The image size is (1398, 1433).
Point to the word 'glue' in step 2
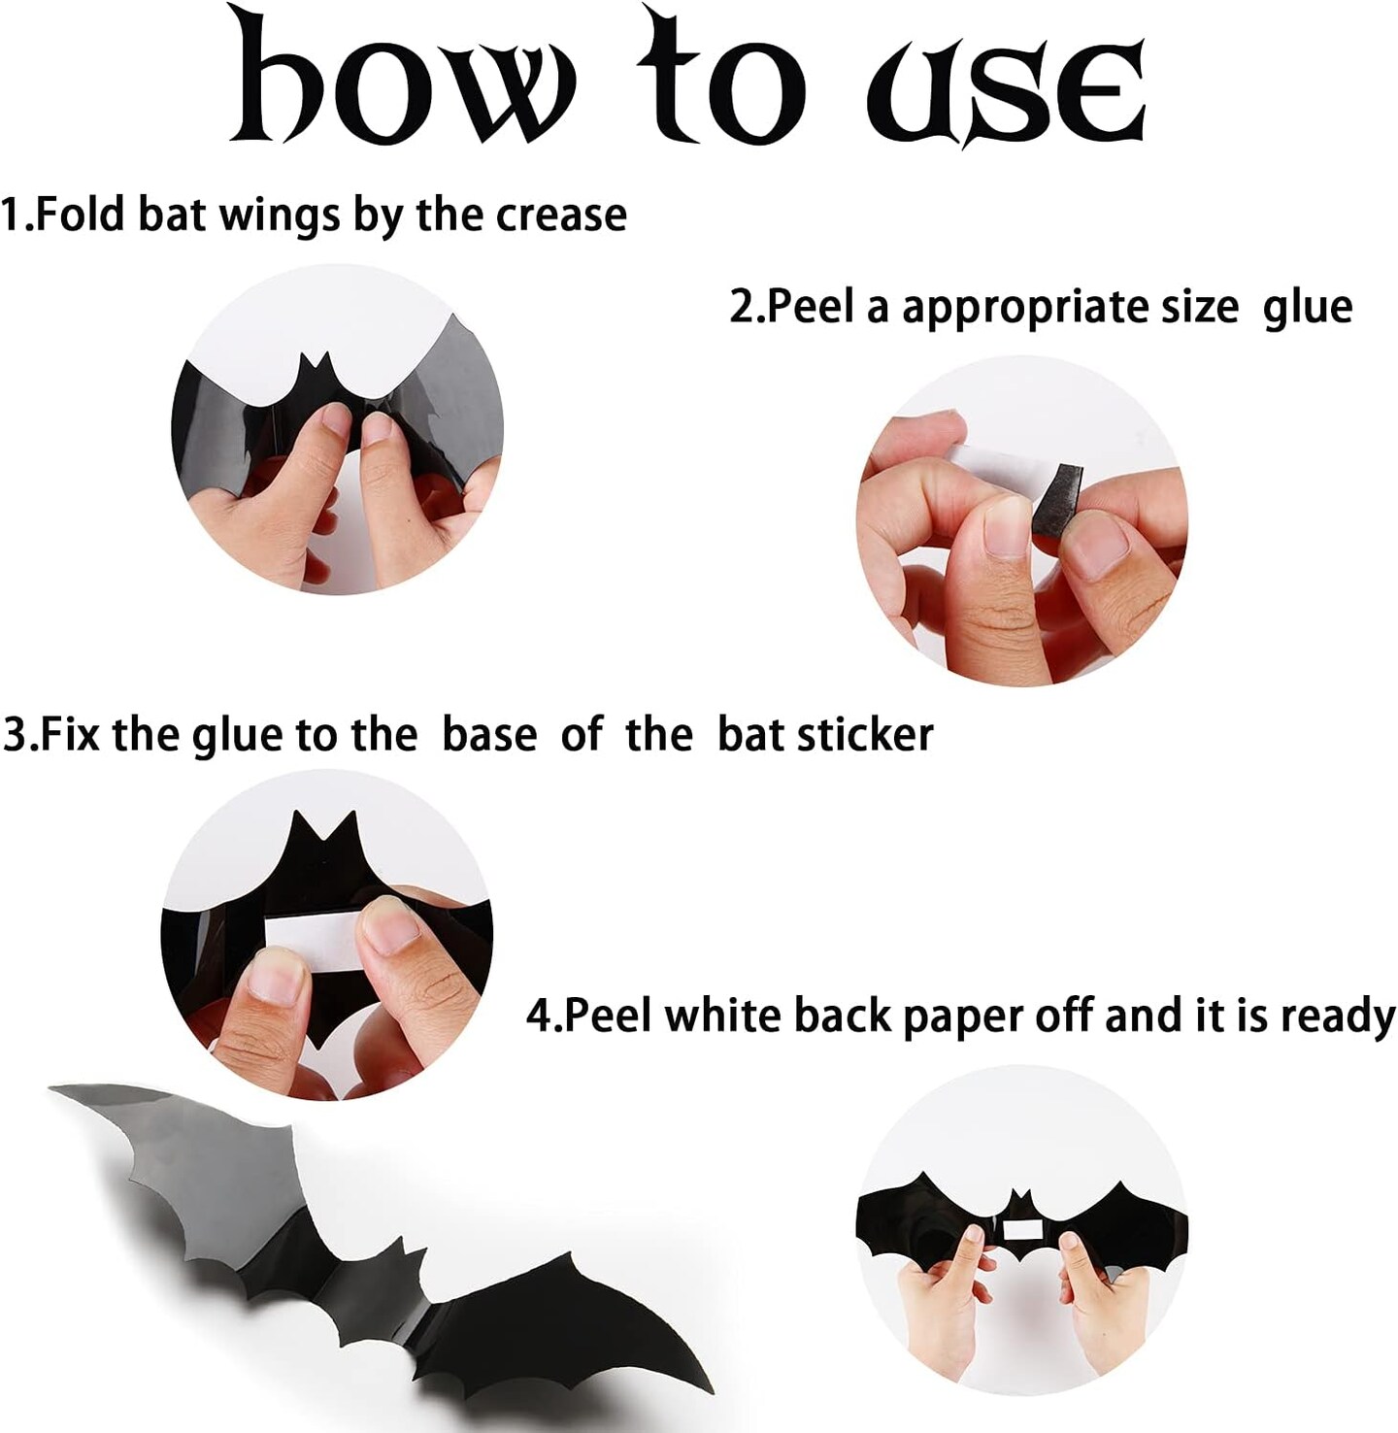point(1308,307)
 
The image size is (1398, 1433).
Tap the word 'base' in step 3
point(489,735)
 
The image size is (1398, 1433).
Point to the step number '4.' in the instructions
point(543,1016)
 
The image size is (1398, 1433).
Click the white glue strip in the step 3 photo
point(310,940)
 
